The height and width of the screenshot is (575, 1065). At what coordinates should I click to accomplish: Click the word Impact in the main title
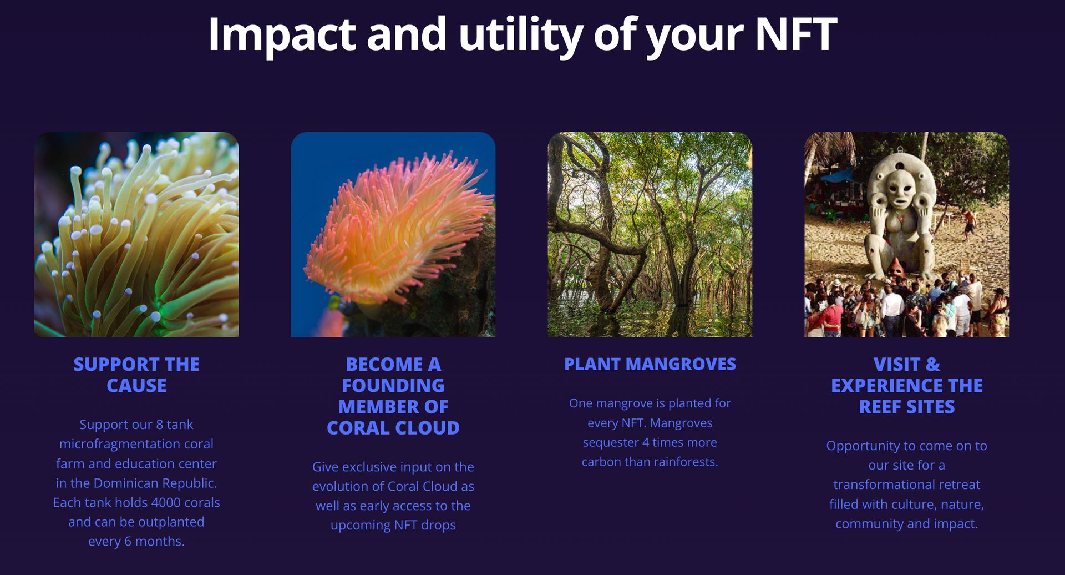[281, 34]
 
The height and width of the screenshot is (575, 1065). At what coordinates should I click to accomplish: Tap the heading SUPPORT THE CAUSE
[136, 375]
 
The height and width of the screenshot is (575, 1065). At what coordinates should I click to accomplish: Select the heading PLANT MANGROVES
[650, 364]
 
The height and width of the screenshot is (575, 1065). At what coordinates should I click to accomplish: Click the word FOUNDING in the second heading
[393, 385]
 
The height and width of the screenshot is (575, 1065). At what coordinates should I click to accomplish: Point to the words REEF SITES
[906, 407]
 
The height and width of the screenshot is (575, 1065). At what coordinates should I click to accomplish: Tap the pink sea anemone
[397, 228]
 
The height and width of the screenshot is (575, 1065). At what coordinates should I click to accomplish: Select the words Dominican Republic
[155, 483]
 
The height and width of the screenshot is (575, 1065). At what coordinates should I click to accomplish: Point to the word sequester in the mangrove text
[610, 442]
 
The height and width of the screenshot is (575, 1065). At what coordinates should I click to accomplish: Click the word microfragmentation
[136, 444]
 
